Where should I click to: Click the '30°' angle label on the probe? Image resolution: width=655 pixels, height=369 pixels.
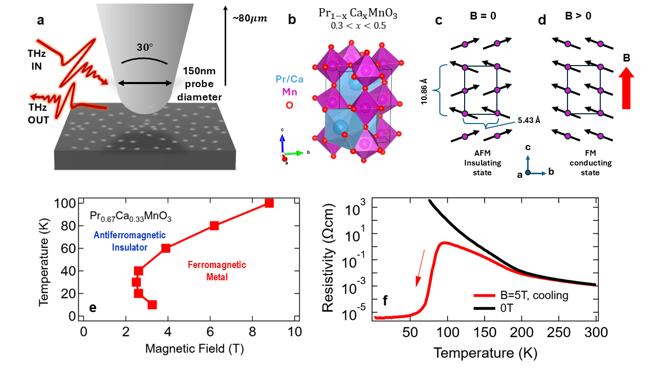(144, 47)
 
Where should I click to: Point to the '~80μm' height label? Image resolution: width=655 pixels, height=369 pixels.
(250, 19)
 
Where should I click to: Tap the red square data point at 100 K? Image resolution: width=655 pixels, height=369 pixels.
(269, 203)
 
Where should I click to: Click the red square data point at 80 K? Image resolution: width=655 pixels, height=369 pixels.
(214, 225)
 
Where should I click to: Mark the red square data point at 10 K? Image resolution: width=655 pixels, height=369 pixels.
(152, 304)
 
